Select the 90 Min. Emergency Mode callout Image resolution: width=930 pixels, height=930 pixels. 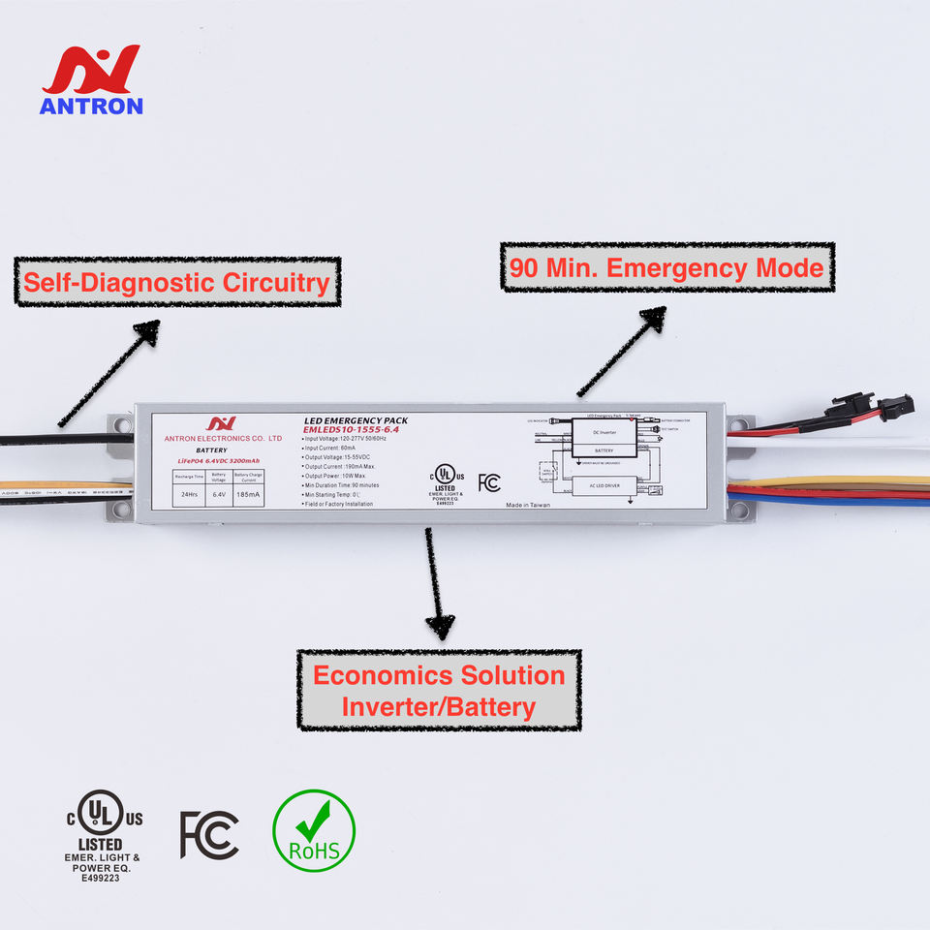(666, 267)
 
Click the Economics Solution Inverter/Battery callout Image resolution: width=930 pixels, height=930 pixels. (438, 690)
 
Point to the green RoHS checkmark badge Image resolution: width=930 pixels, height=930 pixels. (313, 830)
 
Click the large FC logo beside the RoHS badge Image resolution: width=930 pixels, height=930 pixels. (209, 834)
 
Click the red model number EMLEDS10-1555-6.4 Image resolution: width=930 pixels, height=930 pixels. (352, 429)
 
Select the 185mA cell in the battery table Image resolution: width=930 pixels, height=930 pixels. (248, 494)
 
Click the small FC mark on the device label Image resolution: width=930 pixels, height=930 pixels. (489, 482)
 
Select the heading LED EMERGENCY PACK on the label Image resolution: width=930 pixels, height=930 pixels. (356, 420)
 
